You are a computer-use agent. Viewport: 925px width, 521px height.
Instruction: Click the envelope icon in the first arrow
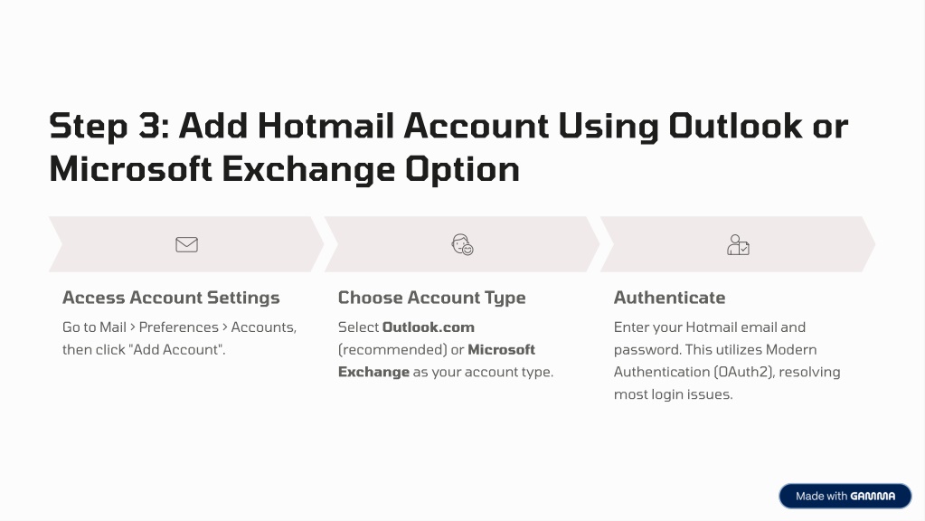[x=186, y=244]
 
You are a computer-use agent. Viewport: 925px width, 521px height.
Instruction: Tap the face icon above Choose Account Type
[x=462, y=244]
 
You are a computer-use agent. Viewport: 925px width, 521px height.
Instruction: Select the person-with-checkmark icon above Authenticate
[x=738, y=244]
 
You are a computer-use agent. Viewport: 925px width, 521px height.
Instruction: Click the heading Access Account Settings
[x=171, y=298]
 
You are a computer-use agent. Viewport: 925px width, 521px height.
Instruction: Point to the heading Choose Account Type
[x=432, y=298]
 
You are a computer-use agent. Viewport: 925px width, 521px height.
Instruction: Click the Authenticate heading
[x=670, y=298]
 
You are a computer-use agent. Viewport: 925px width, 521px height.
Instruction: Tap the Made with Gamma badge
[x=845, y=497]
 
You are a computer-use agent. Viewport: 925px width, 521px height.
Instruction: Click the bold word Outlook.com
[x=429, y=327]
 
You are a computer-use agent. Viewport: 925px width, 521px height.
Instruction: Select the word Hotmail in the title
[x=326, y=126]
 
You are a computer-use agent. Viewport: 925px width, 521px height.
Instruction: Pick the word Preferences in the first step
[x=179, y=327]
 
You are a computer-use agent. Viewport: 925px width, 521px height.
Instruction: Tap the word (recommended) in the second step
[x=392, y=349]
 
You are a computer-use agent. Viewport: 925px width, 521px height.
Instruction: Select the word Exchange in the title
[x=308, y=169]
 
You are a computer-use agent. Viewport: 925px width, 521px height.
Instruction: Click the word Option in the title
[x=463, y=169]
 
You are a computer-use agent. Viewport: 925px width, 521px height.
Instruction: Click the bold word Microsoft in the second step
[x=502, y=349]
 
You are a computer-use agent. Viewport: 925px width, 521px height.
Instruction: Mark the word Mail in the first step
[x=113, y=327]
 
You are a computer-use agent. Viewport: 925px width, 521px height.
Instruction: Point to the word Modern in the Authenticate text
[x=791, y=349]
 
